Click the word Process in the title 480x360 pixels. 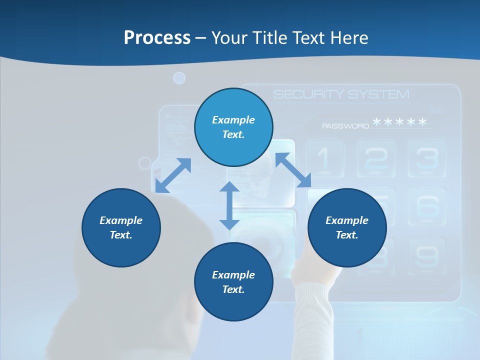(x=157, y=37)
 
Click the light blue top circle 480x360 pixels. (x=233, y=127)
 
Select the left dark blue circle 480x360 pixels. (x=121, y=227)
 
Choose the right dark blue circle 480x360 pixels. (x=347, y=227)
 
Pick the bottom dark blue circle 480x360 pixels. (x=233, y=281)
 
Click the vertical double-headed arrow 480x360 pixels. (x=229, y=205)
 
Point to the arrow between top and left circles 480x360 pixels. (x=173, y=175)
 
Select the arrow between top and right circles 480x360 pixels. (x=293, y=170)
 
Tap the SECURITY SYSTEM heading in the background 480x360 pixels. (x=341, y=94)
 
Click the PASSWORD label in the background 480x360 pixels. (x=345, y=126)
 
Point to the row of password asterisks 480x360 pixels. (x=400, y=122)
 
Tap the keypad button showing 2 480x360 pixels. (x=376, y=158)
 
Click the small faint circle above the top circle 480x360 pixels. (x=179, y=78)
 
